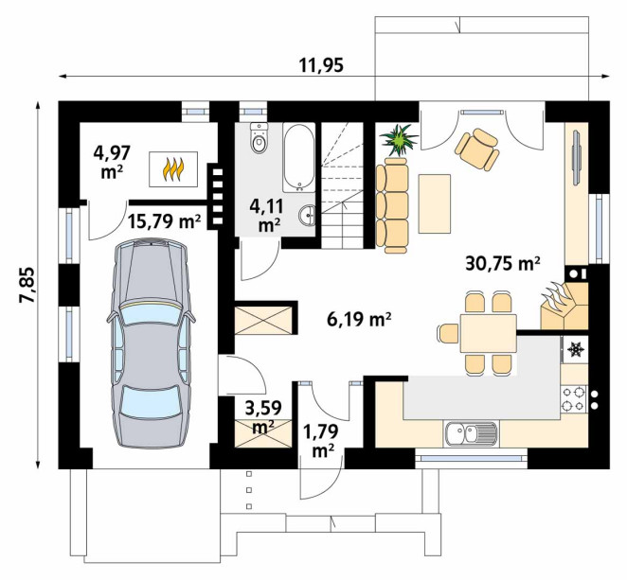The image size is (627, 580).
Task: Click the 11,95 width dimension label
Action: [321, 65]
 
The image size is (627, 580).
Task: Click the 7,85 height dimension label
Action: [28, 285]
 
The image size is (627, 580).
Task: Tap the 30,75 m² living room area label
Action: [503, 264]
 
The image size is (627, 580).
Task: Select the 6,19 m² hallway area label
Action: [359, 319]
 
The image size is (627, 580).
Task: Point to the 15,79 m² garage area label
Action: [164, 220]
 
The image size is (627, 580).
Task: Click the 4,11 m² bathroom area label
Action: [266, 216]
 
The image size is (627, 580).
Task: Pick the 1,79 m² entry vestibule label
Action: [321, 441]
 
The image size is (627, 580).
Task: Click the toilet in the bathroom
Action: [259, 138]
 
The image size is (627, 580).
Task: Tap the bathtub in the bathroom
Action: [298, 157]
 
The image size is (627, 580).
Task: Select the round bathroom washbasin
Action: [307, 216]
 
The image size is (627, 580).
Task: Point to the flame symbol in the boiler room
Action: [173, 169]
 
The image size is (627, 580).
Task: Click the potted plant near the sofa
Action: [399, 139]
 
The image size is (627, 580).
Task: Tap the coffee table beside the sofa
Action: [435, 203]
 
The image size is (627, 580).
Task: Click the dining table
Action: [488, 334]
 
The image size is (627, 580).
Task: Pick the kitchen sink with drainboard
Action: [470, 434]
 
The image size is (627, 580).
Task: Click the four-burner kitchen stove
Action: [573, 399]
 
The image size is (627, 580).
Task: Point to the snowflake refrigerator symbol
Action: [575, 349]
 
